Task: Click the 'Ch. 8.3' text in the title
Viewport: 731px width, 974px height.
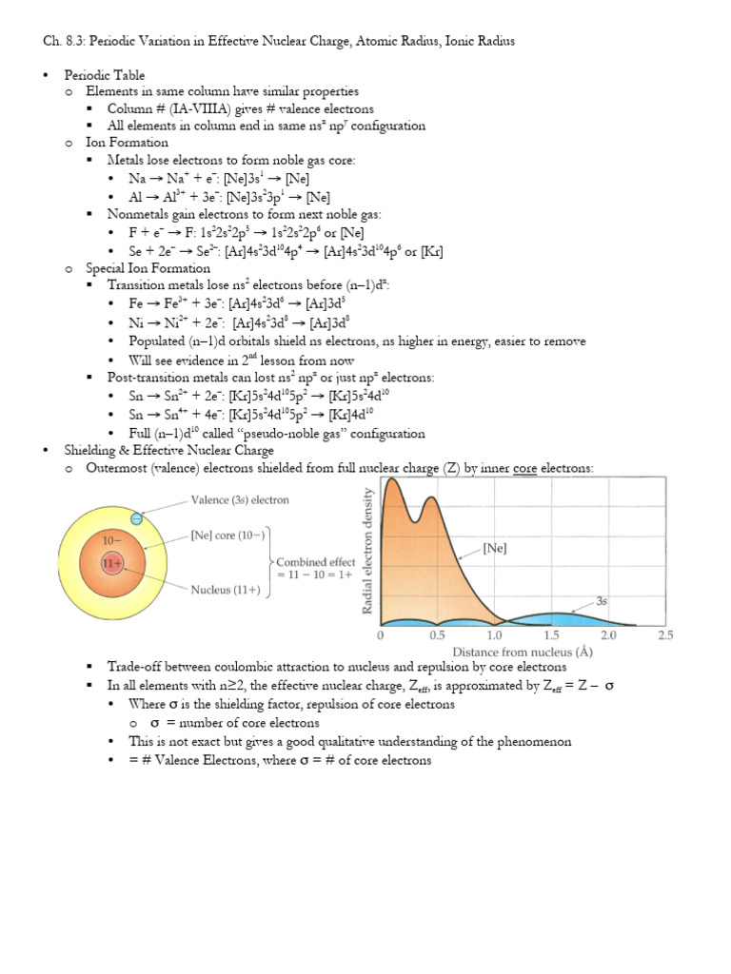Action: tap(63, 41)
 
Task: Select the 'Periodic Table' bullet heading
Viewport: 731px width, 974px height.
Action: tap(105, 74)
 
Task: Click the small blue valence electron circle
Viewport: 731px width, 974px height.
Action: tap(137, 518)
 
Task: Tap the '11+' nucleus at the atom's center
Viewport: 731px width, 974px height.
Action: tap(112, 563)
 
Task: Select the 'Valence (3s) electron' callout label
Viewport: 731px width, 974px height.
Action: tap(240, 499)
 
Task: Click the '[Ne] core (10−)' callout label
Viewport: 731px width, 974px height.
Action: tap(230, 534)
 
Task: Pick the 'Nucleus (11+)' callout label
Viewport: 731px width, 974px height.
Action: tap(226, 590)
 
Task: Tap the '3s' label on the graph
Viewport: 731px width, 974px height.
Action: tap(603, 601)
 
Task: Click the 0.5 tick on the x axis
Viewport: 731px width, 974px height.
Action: tap(438, 634)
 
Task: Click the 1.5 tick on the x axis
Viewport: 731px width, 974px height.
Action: tap(551, 634)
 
